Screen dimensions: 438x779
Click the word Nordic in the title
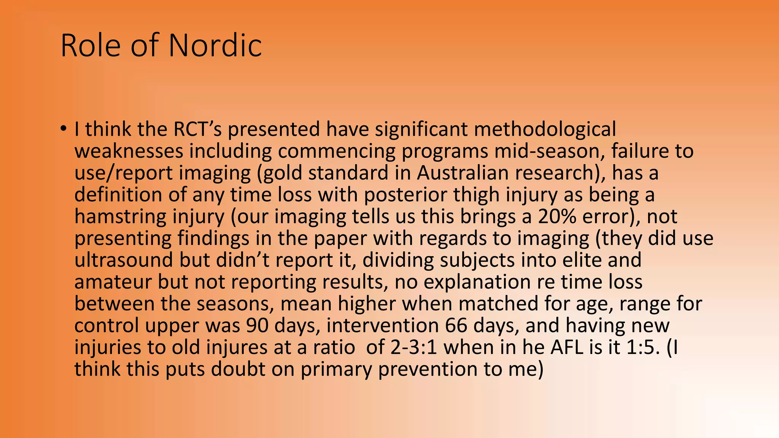click(215, 46)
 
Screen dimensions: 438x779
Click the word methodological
click(544, 129)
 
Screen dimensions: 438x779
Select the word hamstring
click(120, 217)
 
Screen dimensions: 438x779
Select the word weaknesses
click(129, 151)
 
